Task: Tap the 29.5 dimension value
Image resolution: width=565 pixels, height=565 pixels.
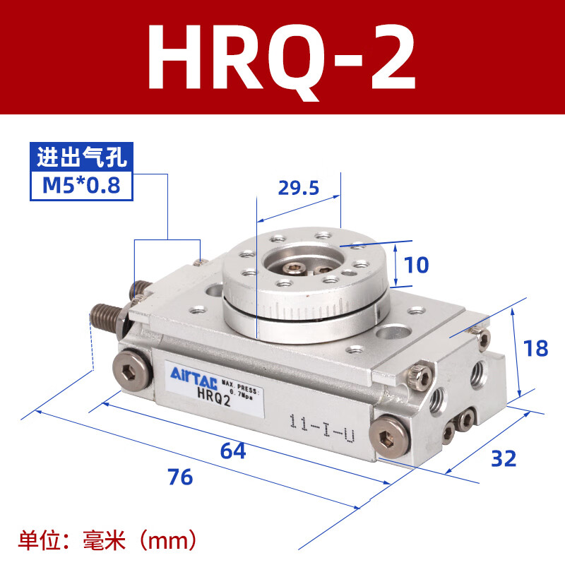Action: (298, 188)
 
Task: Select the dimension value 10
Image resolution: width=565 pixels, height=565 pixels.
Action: (417, 265)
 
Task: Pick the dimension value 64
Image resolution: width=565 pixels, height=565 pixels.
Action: (233, 451)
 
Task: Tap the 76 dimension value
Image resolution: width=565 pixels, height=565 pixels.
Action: (180, 477)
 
